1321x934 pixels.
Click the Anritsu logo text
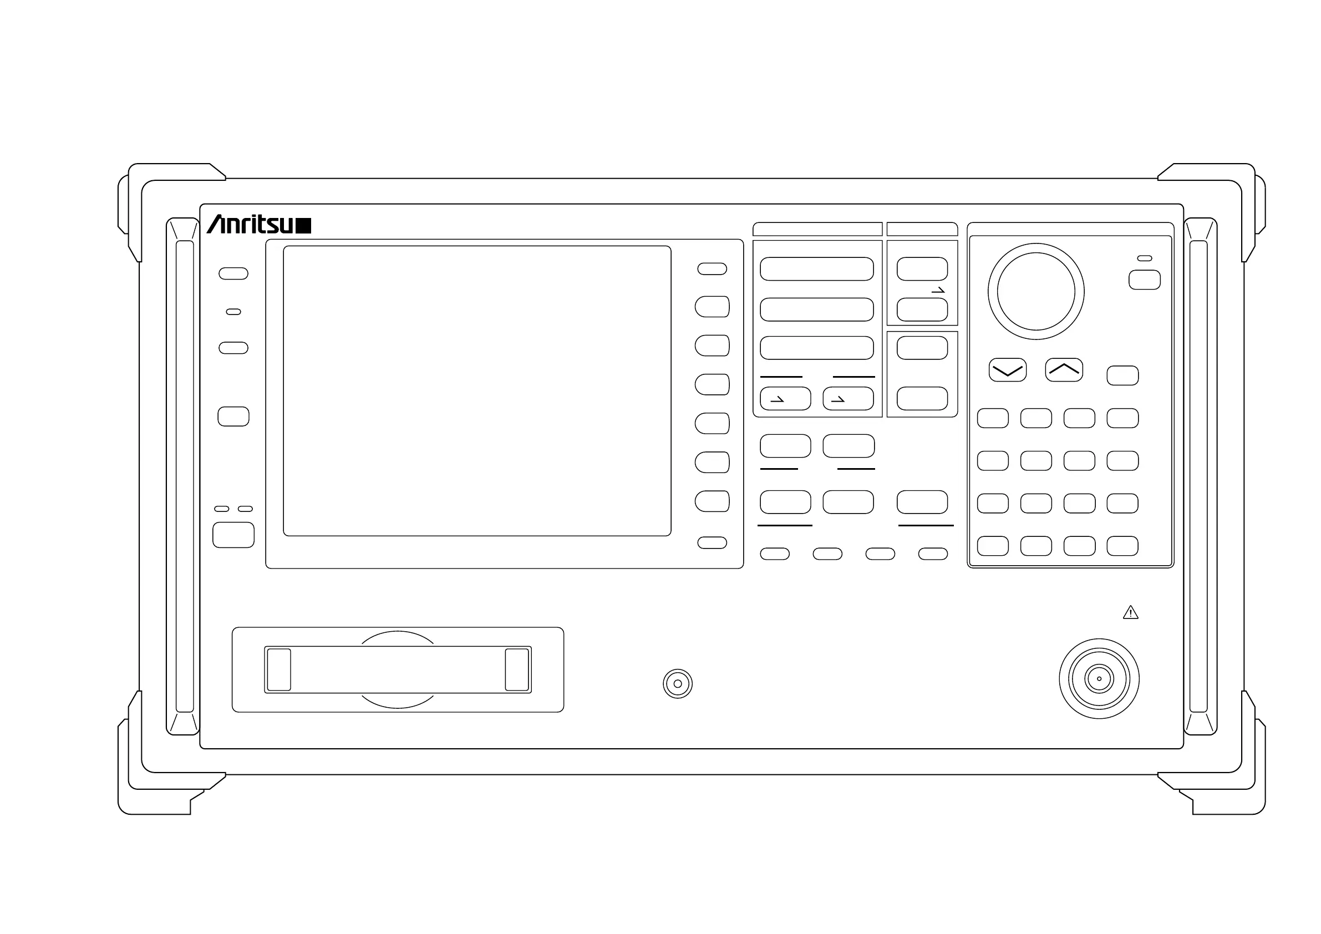tap(251, 225)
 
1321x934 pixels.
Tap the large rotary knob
tap(1035, 291)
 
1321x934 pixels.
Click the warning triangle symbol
tap(1131, 613)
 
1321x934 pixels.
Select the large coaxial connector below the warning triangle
tap(1099, 678)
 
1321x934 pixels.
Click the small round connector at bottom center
tap(677, 684)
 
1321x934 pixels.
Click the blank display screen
tap(477, 391)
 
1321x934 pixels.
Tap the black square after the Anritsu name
tap(303, 226)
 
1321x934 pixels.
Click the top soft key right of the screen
tap(712, 269)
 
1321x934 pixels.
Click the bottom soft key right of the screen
tap(712, 542)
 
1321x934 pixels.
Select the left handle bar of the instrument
tap(185, 476)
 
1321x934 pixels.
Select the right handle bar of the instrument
tap(1198, 476)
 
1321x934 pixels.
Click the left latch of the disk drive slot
tap(279, 669)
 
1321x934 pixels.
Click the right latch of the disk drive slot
tap(517, 669)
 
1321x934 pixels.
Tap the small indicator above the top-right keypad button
tap(1145, 258)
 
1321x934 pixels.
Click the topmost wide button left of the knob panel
tap(816, 269)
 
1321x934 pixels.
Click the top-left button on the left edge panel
tap(233, 273)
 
